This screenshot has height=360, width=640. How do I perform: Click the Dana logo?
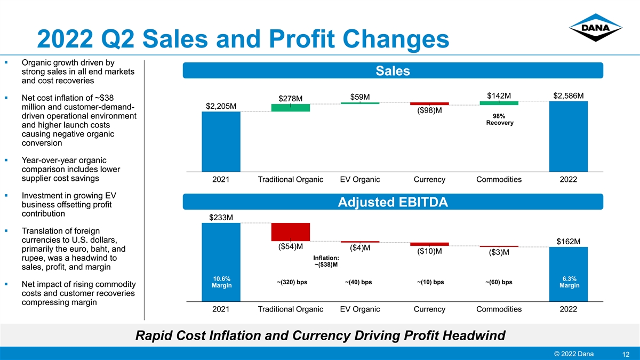(595, 28)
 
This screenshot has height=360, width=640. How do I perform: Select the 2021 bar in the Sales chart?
(221, 142)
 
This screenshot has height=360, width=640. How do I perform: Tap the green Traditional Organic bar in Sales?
(290, 108)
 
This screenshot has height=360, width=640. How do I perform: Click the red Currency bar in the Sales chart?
(429, 103)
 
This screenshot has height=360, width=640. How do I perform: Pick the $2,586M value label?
(569, 95)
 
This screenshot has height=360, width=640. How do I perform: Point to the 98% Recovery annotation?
(499, 119)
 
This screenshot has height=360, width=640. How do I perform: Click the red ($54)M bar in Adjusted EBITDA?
(290, 232)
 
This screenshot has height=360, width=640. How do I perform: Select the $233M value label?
(221, 218)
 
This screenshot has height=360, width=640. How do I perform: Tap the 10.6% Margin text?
(221, 282)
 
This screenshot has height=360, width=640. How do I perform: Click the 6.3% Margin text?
(569, 282)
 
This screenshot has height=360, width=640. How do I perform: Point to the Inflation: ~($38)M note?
(326, 261)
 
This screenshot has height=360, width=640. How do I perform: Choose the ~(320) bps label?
(292, 282)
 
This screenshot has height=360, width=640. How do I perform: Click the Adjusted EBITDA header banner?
(393, 202)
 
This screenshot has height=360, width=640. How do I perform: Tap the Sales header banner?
(393, 70)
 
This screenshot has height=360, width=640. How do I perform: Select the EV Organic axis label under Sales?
(359, 179)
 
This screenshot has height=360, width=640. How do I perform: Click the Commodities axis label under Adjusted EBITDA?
(499, 309)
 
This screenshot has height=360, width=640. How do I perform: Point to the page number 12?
(626, 354)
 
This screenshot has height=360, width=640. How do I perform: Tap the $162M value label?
(569, 242)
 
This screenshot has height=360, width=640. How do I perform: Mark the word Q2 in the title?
(117, 39)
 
